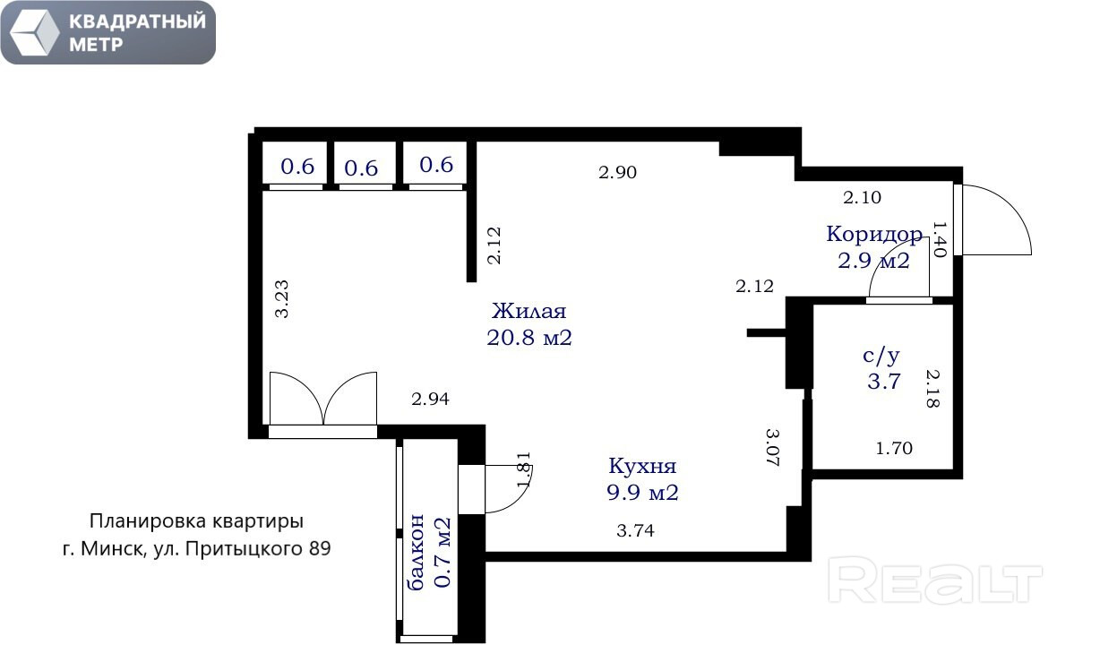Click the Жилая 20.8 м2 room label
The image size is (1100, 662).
click(x=529, y=324)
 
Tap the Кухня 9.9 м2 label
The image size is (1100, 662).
click(x=643, y=479)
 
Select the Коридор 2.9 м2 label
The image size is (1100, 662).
click(x=874, y=247)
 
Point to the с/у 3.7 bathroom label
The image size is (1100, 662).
click(x=882, y=369)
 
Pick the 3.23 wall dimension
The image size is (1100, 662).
click(x=282, y=299)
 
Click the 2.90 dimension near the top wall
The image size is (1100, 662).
click(x=618, y=172)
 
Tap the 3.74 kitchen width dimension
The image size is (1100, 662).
click(x=635, y=530)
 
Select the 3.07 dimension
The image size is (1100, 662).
click(x=773, y=447)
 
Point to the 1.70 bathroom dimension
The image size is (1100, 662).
click(x=894, y=448)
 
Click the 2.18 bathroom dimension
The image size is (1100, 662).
click(x=932, y=389)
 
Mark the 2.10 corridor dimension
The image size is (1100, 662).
click(x=863, y=197)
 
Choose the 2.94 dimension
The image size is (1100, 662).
click(x=430, y=399)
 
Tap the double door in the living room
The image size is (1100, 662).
click(x=323, y=399)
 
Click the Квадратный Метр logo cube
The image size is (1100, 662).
click(x=34, y=32)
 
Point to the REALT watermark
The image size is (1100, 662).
click(x=935, y=580)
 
